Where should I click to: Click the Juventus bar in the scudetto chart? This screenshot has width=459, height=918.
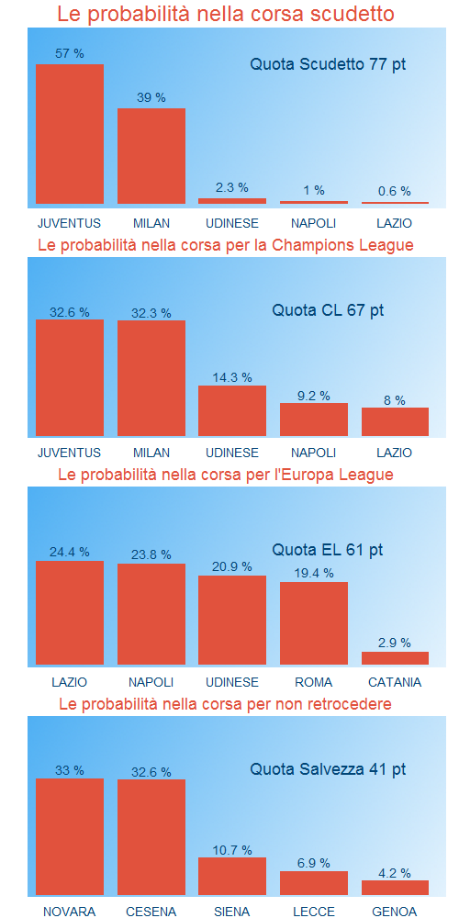tap(70, 134)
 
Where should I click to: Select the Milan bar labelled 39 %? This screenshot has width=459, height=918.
tap(151, 156)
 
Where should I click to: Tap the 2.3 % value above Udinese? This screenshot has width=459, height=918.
tap(232, 188)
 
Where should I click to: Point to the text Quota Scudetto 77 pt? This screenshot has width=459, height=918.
tap(328, 64)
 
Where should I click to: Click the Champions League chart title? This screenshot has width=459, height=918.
tap(226, 245)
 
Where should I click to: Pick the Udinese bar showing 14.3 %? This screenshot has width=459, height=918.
tap(232, 410)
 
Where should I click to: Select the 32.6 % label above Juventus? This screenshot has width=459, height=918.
tap(70, 313)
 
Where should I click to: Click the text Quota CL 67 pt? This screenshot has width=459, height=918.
tap(328, 310)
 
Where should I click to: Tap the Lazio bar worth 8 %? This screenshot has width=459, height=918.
tap(395, 421)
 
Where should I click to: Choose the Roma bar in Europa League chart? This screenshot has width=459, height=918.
tap(314, 623)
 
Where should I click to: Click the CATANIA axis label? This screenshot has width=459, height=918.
tap(395, 683)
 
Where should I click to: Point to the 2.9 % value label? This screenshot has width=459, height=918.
tap(395, 643)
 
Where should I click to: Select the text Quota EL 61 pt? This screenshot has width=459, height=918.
tap(328, 550)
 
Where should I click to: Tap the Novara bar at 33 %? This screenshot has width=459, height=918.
tap(70, 836)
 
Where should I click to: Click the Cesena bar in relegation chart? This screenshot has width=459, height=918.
tap(151, 837)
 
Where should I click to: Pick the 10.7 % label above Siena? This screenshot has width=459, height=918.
tap(232, 850)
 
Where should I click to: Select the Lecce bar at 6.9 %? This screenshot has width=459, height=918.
tap(314, 883)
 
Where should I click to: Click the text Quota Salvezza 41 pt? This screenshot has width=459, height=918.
tap(328, 769)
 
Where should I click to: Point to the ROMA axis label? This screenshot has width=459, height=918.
tap(314, 683)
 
